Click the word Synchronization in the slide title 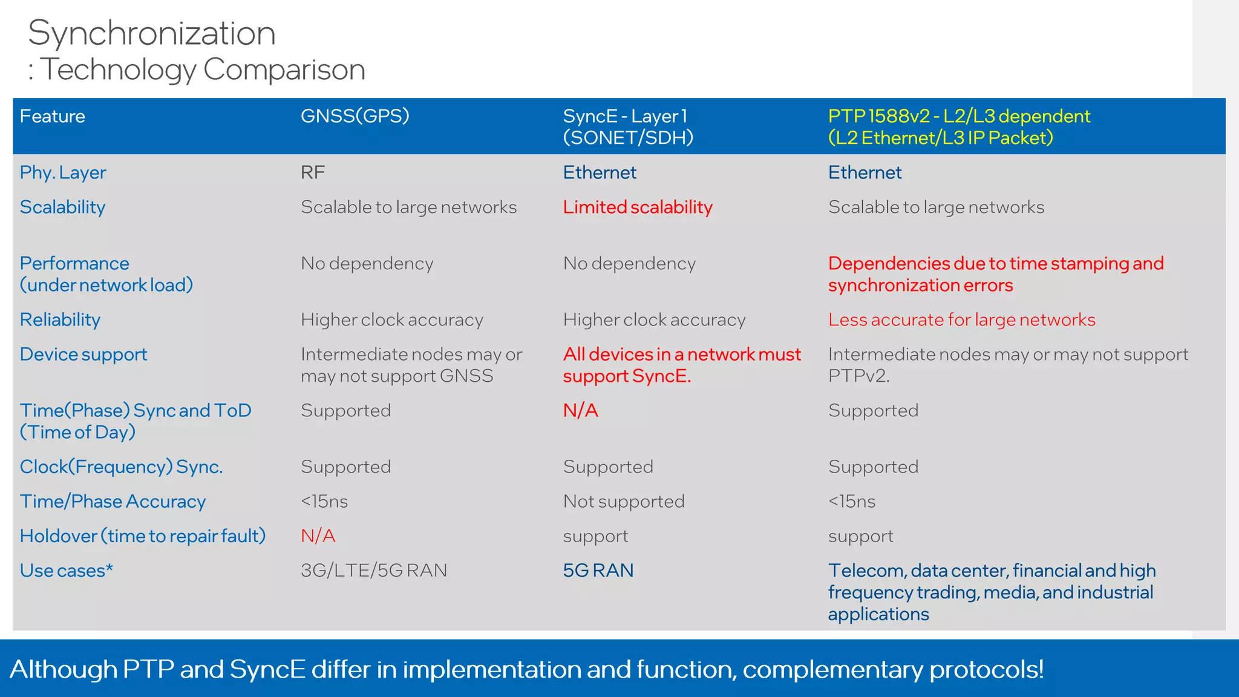click(151, 33)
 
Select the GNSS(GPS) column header click(355, 116)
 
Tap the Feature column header click(52, 116)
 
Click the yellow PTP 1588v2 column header click(958, 127)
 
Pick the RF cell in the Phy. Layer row click(313, 173)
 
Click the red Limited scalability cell click(637, 208)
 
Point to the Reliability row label click(60, 320)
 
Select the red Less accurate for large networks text click(961, 320)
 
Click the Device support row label click(83, 355)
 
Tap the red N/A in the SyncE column click(580, 411)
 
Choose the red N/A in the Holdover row click(318, 536)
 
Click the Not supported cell click(623, 502)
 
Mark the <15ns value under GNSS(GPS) click(324, 502)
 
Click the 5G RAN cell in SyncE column click(598, 571)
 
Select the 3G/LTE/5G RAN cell click(373, 571)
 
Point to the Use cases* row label click(66, 571)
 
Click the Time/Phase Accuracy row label click(113, 502)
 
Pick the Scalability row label click(62, 208)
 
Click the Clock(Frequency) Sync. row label click(121, 467)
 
